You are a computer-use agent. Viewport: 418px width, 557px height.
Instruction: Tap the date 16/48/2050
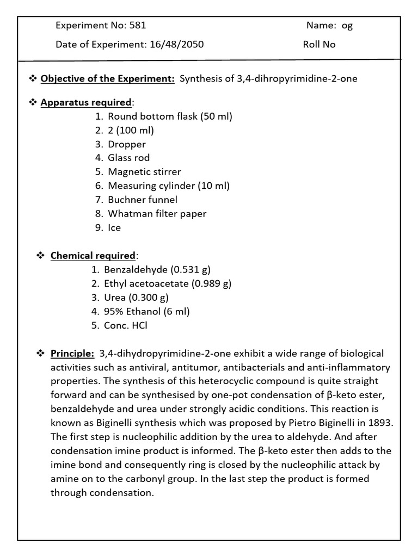click(x=176, y=45)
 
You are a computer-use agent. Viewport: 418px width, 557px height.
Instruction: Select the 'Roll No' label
click(x=319, y=45)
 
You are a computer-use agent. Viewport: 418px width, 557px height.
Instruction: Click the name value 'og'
click(x=347, y=26)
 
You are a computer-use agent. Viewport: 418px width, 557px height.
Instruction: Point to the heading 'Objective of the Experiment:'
click(x=107, y=78)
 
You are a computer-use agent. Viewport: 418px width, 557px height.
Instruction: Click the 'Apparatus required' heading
click(x=85, y=102)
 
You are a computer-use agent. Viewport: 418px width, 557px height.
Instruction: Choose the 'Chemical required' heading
click(x=93, y=255)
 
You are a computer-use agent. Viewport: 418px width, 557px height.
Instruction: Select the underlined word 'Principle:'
click(x=72, y=354)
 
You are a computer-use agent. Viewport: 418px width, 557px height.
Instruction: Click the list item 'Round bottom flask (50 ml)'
click(x=170, y=116)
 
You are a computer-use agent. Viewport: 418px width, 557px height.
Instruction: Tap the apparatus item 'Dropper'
click(x=127, y=144)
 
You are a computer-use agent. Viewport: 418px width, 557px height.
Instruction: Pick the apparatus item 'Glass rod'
click(x=128, y=158)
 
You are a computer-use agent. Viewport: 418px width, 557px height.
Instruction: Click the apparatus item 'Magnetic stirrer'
click(x=144, y=172)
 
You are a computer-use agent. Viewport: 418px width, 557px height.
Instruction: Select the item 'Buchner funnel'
click(x=143, y=200)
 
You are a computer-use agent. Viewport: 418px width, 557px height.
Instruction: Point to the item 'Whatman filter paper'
click(x=157, y=214)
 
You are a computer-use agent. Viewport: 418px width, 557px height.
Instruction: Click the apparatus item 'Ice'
click(x=114, y=227)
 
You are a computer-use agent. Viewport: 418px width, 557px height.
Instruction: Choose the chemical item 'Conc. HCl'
click(x=126, y=325)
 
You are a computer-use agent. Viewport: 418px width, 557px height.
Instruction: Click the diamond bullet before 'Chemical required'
click(x=40, y=255)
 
